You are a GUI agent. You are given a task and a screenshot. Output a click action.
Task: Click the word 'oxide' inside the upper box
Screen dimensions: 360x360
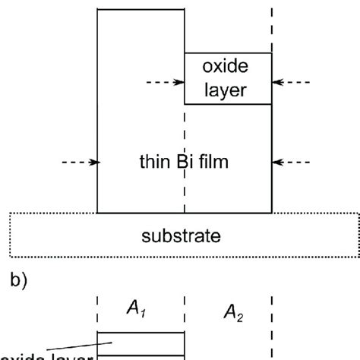228,68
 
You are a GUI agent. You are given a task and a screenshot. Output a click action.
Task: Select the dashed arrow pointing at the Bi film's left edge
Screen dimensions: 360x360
78,162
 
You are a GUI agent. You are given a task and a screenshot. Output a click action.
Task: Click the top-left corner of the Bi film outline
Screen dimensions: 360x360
97,10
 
